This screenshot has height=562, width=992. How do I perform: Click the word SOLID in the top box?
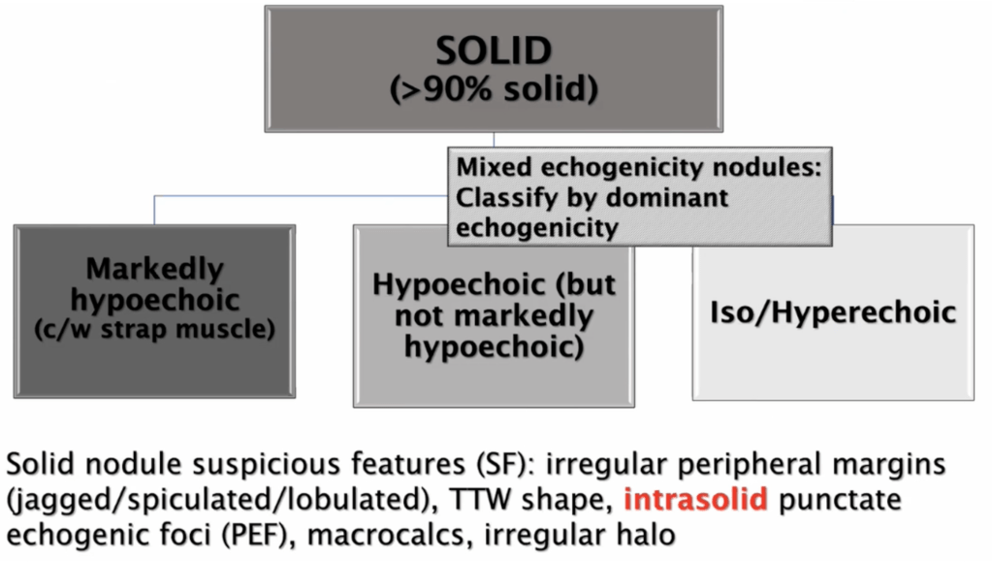pyautogui.click(x=494, y=50)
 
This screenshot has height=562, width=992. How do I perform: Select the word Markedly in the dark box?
pyautogui.click(x=155, y=269)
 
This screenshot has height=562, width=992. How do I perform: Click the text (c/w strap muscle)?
pyautogui.click(x=155, y=330)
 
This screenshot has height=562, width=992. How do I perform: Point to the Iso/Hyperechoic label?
pyautogui.click(x=833, y=312)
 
